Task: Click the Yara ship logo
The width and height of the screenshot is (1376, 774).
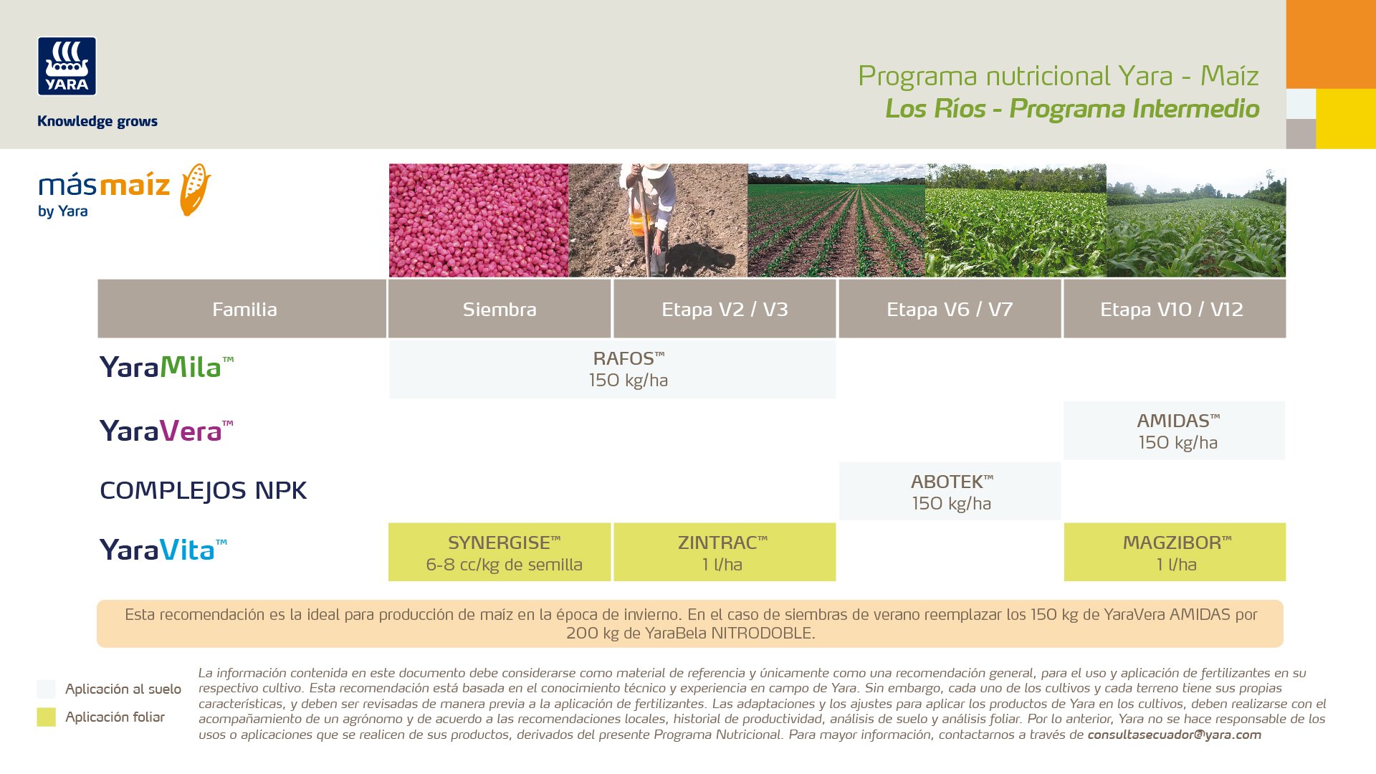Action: [x=67, y=66]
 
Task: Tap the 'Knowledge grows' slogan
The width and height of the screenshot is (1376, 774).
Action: [x=97, y=121]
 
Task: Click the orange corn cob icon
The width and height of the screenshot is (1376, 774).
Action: [x=195, y=189]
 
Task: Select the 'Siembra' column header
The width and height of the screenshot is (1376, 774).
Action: [x=500, y=309]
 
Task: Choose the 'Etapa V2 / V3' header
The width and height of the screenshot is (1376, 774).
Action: [x=725, y=309]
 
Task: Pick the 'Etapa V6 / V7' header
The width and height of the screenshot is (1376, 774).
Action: [x=950, y=309]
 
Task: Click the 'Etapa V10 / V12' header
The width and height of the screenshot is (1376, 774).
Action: [x=1175, y=309]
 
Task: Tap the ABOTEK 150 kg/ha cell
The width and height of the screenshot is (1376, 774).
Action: [x=950, y=492]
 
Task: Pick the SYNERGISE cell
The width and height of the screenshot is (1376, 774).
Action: [x=500, y=552]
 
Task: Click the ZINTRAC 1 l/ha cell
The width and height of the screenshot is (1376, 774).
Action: [x=725, y=552]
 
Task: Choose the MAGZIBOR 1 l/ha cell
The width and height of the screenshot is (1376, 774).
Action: [x=1175, y=552]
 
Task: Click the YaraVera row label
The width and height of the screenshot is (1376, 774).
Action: [x=166, y=431]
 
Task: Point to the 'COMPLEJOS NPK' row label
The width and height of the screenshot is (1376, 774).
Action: [x=203, y=491]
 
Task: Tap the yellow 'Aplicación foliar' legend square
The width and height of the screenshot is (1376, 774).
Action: [x=46, y=717]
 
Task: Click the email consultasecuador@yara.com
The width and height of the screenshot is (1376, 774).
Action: [x=1174, y=735]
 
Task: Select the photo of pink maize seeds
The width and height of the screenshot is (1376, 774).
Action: [x=479, y=220]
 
